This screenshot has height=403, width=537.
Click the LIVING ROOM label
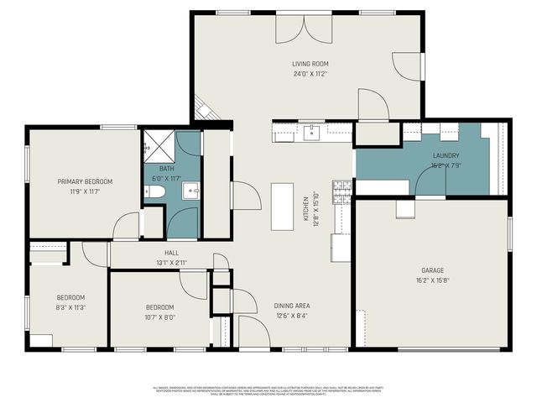pos(309,64)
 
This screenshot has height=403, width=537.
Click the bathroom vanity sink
pos(190,191)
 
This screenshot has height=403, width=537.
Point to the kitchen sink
pos(311,131)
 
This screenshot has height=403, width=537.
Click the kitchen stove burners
pos(342,192)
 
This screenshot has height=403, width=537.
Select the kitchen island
pos(282,207)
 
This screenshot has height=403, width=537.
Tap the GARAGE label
pos(432,270)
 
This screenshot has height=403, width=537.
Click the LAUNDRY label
pos(446,156)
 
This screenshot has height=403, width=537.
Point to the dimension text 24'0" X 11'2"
pos(309,74)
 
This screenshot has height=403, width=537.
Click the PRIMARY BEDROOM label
pos(85,181)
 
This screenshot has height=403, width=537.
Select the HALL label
pos(171,252)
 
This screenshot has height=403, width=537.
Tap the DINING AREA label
pos(293,306)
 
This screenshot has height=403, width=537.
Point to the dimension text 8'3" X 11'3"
pos(70,307)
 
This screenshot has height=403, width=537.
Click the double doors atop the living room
pos(305,28)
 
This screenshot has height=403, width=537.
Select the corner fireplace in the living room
pos(205,108)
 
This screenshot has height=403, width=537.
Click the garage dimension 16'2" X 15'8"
pos(432,280)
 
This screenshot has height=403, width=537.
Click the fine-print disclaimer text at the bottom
pos(268,390)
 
